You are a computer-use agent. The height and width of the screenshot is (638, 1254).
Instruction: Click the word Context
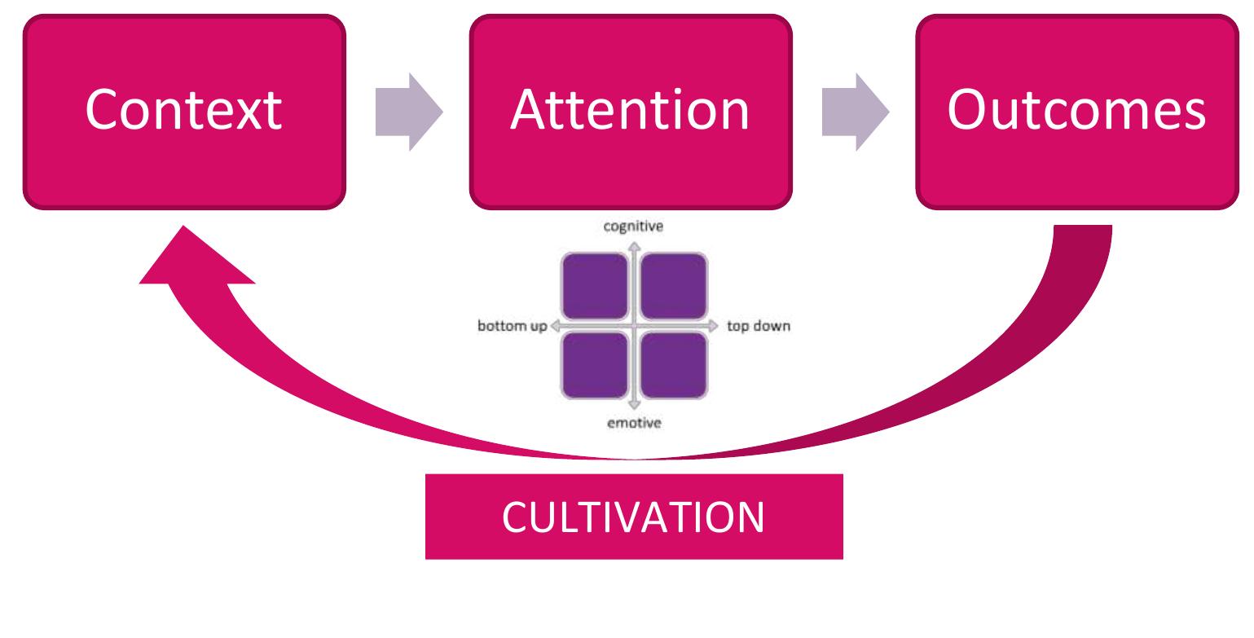(183, 110)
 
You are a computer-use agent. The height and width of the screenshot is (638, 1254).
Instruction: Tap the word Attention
(630, 110)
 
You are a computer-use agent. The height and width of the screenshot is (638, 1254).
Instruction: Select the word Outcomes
(1076, 110)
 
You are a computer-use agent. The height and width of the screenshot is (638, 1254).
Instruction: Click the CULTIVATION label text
(634, 517)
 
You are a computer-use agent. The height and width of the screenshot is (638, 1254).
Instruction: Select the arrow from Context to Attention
(409, 112)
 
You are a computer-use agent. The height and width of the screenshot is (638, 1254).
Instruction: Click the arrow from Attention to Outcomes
(856, 112)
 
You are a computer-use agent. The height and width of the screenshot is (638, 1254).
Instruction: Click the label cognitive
(633, 227)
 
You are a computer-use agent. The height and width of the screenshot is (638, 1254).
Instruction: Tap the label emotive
(634, 423)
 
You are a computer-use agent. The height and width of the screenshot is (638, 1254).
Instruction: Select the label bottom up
(513, 326)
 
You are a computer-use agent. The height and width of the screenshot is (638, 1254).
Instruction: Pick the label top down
(759, 326)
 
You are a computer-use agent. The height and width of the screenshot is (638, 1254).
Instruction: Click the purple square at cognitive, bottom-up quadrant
(595, 286)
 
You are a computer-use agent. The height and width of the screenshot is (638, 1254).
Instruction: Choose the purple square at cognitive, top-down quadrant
(674, 286)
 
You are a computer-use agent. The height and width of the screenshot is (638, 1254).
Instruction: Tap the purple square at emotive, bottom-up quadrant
(595, 366)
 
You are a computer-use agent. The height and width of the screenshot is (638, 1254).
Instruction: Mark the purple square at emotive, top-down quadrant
(674, 366)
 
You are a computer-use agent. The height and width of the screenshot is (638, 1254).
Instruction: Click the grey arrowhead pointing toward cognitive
(634, 247)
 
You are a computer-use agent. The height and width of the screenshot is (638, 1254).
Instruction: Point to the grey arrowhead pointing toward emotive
(634, 405)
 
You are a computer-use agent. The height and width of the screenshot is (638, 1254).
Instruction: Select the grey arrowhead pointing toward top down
(713, 326)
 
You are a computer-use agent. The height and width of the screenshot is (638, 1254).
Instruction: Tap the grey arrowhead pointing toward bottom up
(556, 326)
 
